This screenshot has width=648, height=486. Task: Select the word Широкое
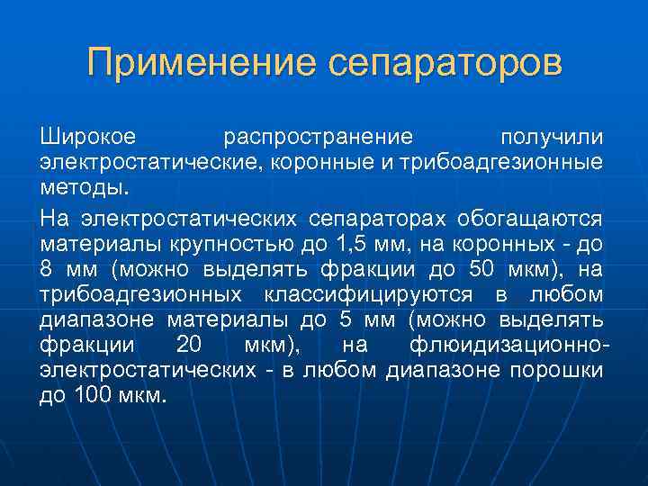tap(87, 137)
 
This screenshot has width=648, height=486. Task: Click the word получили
tap(552, 137)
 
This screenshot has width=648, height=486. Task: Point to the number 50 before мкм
tap(482, 269)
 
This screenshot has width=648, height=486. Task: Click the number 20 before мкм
tap(189, 346)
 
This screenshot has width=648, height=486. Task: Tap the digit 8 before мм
tap(47, 269)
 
